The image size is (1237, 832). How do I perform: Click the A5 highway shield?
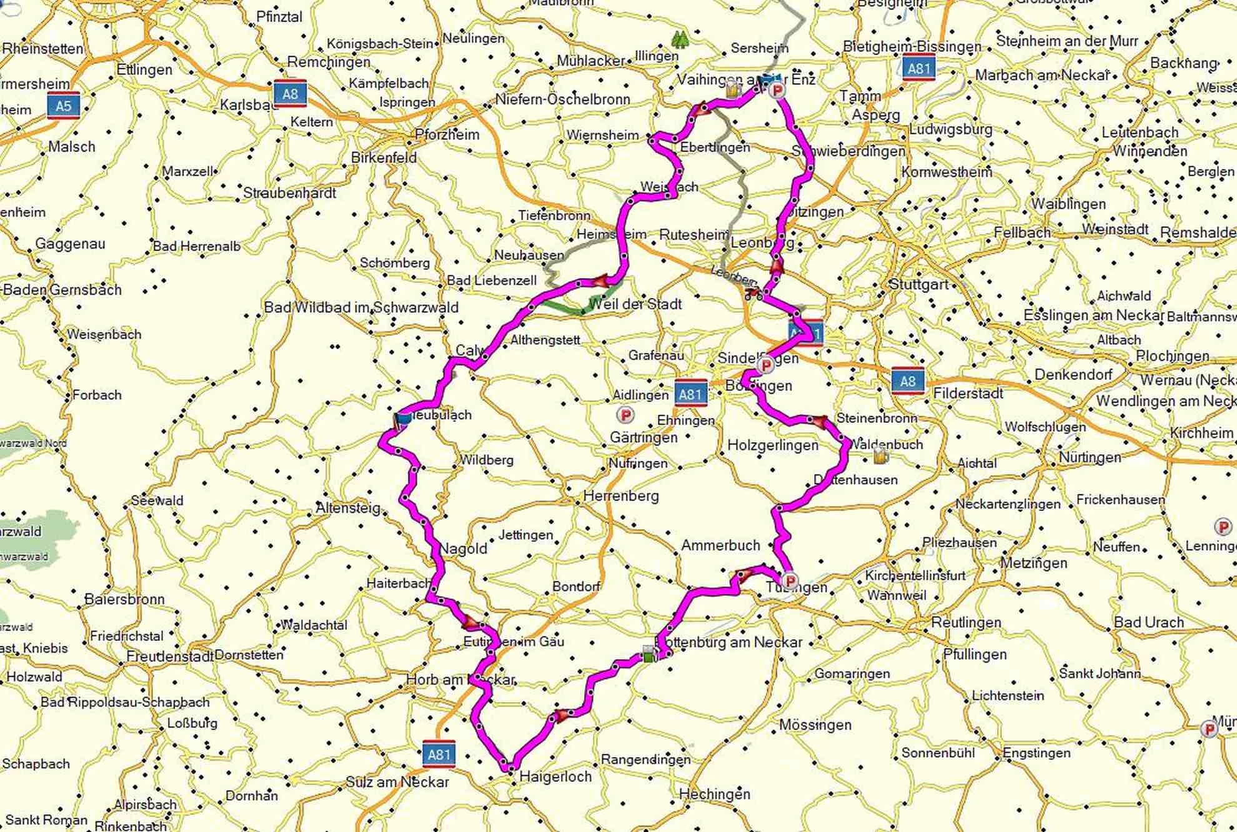tap(64, 106)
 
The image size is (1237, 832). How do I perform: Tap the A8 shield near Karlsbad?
tap(290, 94)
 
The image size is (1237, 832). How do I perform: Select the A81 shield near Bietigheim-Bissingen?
tap(918, 68)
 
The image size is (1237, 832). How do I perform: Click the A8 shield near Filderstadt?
tap(907, 380)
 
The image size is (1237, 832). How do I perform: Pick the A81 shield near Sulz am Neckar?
tap(439, 754)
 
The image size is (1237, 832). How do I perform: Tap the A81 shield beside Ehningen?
tap(690, 394)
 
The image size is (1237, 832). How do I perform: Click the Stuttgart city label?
tap(918, 284)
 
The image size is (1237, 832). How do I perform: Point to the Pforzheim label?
tap(447, 134)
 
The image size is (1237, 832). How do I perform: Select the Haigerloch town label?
tap(555, 776)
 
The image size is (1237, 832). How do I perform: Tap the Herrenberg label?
tap(621, 496)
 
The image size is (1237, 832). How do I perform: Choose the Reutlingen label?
tap(966, 622)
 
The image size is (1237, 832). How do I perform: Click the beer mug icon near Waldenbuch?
tap(880, 455)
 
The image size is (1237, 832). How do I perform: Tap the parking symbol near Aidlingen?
tap(625, 414)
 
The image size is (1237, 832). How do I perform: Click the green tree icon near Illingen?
tap(679, 41)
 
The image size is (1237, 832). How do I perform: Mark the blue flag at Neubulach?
tap(403, 418)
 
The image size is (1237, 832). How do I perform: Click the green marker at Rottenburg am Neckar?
tap(649, 655)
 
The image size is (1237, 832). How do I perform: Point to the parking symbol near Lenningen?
tap(1223, 527)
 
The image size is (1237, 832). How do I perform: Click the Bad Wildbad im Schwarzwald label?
tap(361, 307)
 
